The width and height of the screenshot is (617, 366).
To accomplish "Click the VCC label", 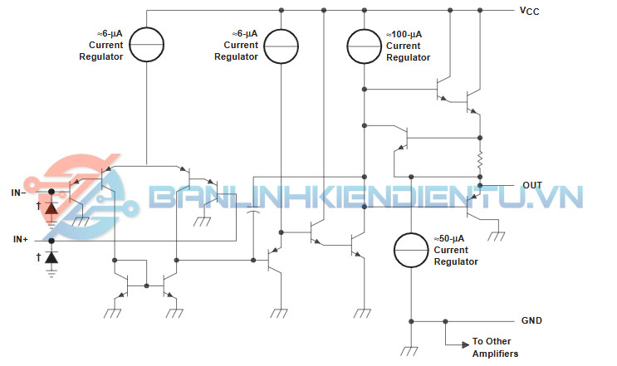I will point(529,11).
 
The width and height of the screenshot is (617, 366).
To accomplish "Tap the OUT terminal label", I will point(532,185).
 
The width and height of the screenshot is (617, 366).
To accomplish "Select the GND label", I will point(531,320).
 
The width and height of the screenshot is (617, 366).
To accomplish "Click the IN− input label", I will point(18,193).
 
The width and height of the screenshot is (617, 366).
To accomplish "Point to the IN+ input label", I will point(20,239).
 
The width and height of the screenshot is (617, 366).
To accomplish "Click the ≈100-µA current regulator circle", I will point(364,46).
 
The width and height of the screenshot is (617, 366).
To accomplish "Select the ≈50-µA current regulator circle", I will point(412,250).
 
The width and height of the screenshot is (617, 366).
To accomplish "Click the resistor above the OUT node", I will point(479,159).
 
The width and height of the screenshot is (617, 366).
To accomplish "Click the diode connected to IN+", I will point(51,259).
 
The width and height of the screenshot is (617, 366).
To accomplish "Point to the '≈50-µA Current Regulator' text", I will point(456,250).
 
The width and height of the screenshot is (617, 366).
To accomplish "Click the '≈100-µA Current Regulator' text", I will point(408,46).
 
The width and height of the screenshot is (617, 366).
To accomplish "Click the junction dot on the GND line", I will point(445,320).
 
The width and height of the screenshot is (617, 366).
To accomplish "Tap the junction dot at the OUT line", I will point(479,186).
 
